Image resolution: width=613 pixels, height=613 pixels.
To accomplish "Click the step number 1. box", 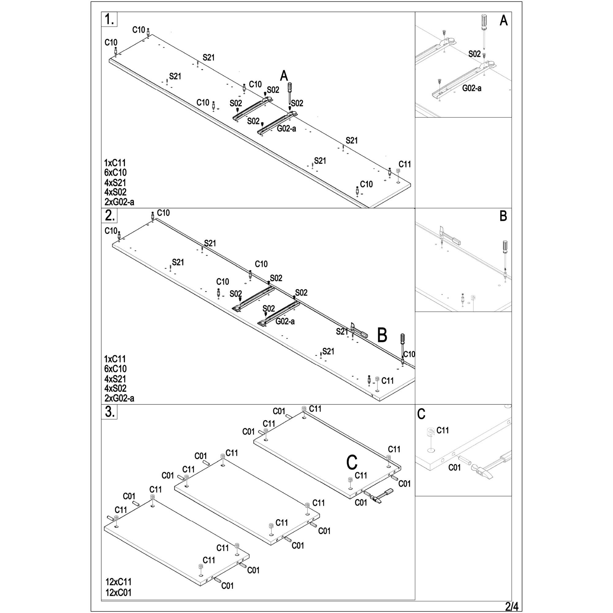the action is click(109, 19).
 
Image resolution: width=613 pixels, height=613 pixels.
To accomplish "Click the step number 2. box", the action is click(109, 215).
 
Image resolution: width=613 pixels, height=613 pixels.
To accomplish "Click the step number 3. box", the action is click(109, 412).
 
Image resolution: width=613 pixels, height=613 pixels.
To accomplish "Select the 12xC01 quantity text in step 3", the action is click(118, 592).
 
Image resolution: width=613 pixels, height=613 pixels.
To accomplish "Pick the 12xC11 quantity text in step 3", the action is click(118, 582).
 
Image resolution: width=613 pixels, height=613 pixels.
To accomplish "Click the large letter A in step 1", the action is click(284, 76).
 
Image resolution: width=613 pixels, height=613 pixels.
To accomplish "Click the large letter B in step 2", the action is click(382, 335).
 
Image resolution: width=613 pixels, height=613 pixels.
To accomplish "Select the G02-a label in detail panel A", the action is click(471, 88).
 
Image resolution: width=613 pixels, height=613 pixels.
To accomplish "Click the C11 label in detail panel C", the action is click(443, 430).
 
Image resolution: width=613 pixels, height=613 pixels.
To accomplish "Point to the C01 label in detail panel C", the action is click(454, 467).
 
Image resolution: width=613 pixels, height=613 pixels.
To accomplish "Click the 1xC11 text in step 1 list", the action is click(115, 163).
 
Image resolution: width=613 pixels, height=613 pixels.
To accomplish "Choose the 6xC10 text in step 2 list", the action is click(116, 369).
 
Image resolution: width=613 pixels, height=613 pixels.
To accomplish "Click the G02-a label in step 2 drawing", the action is click(285, 322).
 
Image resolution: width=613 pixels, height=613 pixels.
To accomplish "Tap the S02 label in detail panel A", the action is click(474, 54).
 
